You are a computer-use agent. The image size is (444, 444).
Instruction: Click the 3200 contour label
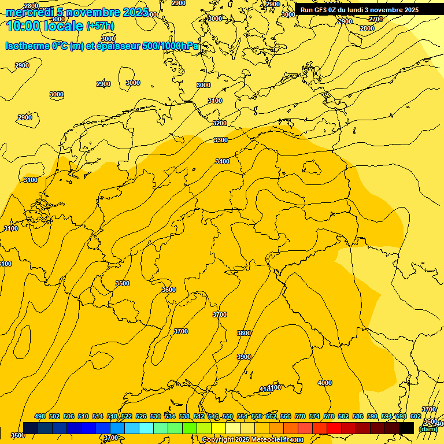220,123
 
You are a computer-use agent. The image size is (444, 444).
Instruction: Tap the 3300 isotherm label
221,140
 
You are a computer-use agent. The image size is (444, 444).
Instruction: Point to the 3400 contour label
223,161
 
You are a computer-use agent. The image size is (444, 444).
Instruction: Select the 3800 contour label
244,333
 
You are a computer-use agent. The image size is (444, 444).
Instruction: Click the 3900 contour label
244,357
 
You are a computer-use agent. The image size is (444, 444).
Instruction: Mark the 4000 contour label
325,383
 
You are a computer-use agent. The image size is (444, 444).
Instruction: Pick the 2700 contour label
376,19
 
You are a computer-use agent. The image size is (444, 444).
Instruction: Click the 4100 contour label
274,387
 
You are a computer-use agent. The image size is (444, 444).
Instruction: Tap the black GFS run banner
360,10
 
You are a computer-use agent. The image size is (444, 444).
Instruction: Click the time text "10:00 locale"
45,25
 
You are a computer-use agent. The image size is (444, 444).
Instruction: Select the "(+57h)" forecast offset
100,26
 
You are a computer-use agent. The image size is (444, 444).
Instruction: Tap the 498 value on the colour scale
40,416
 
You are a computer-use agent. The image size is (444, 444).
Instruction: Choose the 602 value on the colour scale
415,416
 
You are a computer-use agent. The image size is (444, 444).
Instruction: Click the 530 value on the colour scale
156,416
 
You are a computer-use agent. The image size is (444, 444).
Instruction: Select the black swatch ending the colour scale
406,428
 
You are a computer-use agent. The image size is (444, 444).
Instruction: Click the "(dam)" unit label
428,429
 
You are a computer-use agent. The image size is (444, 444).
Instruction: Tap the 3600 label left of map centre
169,290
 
